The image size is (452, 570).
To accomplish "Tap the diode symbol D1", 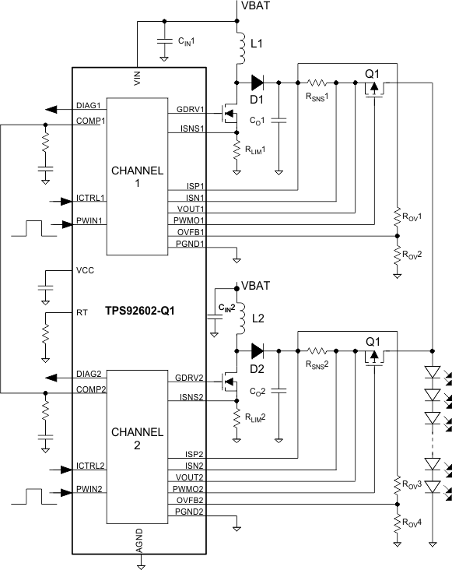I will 256,81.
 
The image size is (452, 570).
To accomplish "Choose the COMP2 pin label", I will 91,388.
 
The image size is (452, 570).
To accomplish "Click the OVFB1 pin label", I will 191,231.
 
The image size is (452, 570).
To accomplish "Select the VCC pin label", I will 85,272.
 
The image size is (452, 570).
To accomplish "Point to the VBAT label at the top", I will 257,6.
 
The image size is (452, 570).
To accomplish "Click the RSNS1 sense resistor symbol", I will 319,81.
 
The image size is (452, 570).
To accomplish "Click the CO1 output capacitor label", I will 258,121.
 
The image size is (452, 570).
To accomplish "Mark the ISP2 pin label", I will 194,453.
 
